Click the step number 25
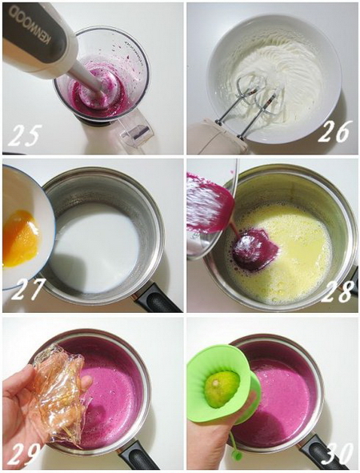(x=24, y=135)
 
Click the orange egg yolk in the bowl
(x=20, y=239)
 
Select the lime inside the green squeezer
(x=222, y=388)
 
